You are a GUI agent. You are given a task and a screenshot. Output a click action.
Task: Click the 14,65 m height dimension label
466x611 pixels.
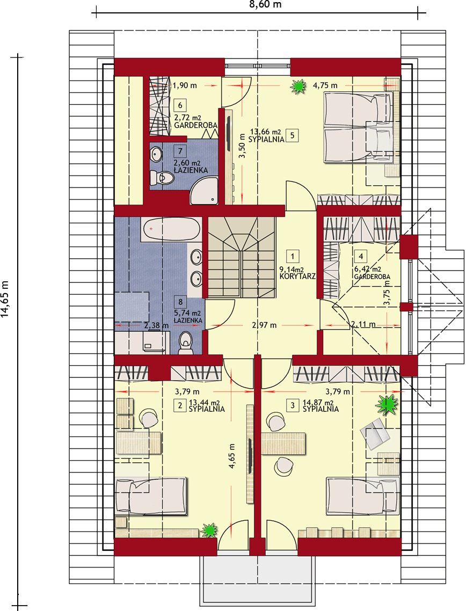tap(5, 299)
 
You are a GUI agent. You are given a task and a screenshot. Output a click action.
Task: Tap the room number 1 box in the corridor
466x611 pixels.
tap(292, 256)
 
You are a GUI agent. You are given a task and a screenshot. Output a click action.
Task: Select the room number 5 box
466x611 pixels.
tap(292, 136)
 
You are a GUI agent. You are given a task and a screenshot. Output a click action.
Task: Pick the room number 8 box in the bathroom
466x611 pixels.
tap(180, 302)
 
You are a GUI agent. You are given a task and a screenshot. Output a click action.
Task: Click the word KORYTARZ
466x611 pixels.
tap(297, 276)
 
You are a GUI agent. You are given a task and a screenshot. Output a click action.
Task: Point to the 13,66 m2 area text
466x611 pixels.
tap(265, 132)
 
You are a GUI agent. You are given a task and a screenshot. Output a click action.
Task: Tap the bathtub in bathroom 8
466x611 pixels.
tap(171, 229)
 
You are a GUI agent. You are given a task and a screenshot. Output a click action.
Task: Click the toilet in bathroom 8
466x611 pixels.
tap(185, 343)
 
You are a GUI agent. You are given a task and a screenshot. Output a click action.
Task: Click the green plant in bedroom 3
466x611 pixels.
tap(387, 405)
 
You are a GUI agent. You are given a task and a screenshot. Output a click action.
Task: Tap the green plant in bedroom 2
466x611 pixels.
tap(209, 530)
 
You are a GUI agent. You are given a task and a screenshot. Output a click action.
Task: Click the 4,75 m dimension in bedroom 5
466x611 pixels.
tap(325, 85)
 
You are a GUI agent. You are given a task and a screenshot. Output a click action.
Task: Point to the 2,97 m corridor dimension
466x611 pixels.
tap(264, 325)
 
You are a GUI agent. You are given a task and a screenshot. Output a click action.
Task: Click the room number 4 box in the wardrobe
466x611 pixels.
tap(361, 256)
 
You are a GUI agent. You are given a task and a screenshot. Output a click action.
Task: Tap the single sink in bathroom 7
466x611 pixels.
tap(157, 154)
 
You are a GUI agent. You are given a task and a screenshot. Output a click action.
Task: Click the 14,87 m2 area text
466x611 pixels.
tap(318, 403)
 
